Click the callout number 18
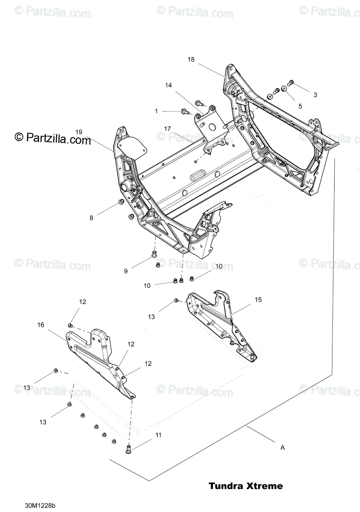point(191,60)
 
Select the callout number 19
point(78,131)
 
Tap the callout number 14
point(168,85)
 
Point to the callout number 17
point(168,128)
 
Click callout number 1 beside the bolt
point(156,111)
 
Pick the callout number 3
point(315,95)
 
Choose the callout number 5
point(300,106)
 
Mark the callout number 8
point(91,218)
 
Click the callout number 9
point(126,271)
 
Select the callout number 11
point(158,436)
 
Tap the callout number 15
point(258,300)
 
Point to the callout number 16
point(41,325)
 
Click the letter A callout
point(282,448)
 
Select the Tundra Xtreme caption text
point(246,486)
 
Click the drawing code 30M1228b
point(40,506)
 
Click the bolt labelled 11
point(129,449)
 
